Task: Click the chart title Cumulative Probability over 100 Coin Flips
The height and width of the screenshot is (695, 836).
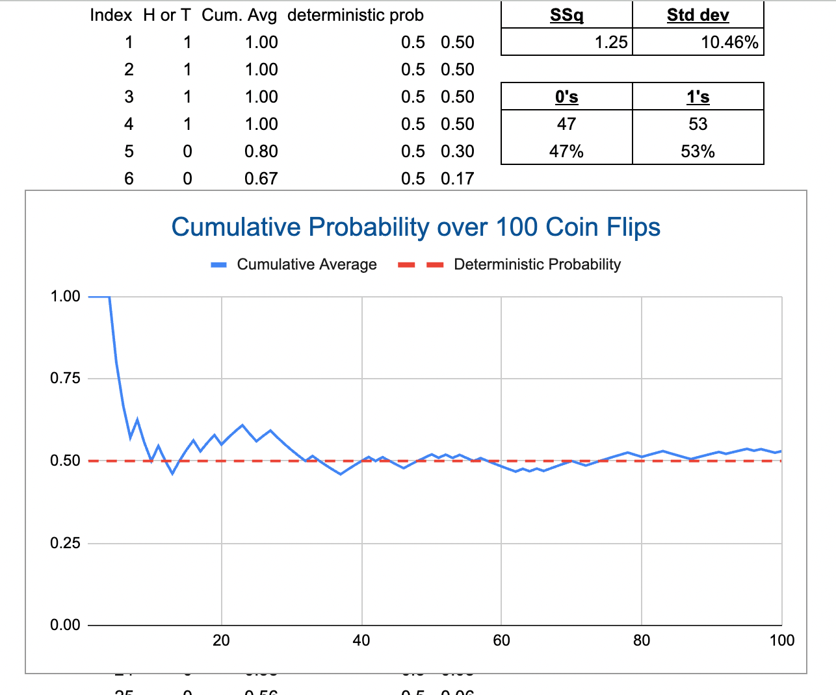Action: point(416,227)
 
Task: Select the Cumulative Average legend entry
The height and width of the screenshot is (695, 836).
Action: point(306,264)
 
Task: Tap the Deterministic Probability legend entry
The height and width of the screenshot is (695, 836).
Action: point(537,264)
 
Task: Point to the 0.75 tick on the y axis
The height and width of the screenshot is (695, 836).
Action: point(65,378)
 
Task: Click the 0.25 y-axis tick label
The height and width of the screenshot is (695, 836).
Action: point(65,543)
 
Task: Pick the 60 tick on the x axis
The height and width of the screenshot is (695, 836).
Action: point(501,640)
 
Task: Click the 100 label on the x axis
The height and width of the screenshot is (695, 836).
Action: point(781,640)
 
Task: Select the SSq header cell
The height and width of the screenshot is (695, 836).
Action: point(566,15)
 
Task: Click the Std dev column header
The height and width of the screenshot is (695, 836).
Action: point(698,15)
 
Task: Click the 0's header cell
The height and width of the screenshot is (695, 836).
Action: point(566,97)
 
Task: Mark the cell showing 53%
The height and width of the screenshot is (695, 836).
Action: point(698,151)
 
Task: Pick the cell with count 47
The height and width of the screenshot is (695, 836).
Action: point(566,124)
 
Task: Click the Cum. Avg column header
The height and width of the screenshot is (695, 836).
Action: point(239,15)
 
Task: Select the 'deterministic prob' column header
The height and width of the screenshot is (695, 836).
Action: point(355,15)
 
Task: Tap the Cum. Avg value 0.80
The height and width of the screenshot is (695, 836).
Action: point(261,151)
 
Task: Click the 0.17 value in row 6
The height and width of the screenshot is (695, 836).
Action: point(457,179)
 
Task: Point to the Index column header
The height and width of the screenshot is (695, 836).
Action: point(111,15)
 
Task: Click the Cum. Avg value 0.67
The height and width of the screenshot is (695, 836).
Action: point(261,179)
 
